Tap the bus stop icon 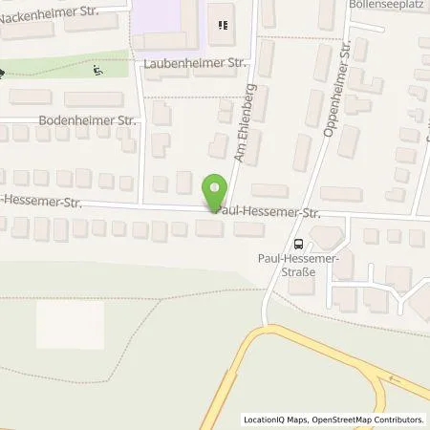298,243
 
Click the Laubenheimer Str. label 190,63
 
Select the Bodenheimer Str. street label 88,121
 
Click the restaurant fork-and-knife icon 224,26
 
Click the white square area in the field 70,325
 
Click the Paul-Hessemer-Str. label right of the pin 269,212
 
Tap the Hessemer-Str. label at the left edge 42,202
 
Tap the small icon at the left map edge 3,72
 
